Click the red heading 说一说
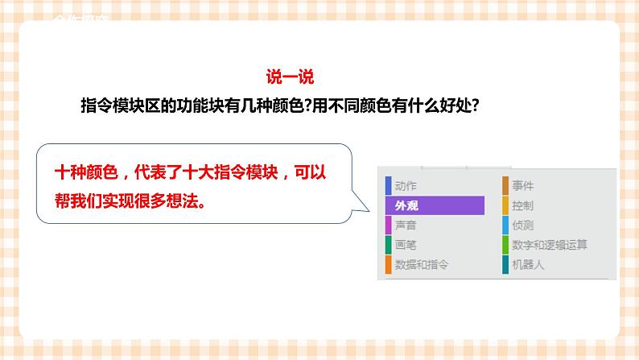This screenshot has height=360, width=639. click(x=290, y=77)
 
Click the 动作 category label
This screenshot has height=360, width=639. click(x=406, y=186)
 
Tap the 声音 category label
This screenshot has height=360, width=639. click(x=406, y=225)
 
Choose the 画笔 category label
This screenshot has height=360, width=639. click(x=406, y=244)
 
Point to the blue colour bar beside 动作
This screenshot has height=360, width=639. click(x=389, y=186)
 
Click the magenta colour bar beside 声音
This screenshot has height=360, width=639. click(x=389, y=225)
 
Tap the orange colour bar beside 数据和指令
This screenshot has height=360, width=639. click(x=389, y=264)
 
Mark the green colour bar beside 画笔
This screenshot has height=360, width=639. click(x=389, y=244)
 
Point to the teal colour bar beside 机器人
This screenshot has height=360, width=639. click(x=505, y=264)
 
